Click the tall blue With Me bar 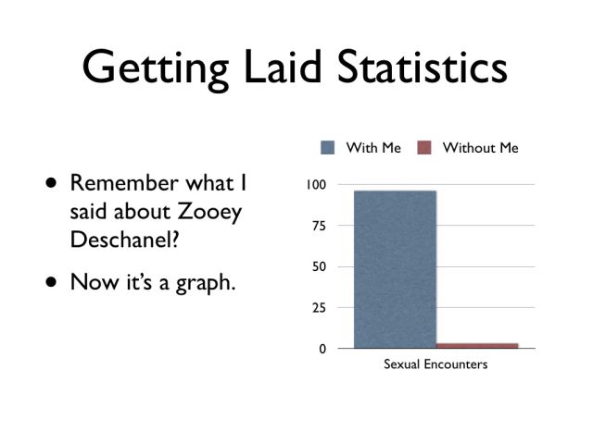click(x=395, y=268)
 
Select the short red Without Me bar click(x=477, y=345)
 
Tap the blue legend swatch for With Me click(x=328, y=148)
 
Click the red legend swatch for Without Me click(x=425, y=148)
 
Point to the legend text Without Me click(x=480, y=148)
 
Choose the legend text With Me click(x=373, y=148)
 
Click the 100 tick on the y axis click(x=316, y=185)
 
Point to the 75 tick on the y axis click(x=319, y=226)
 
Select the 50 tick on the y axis click(x=319, y=267)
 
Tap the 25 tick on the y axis click(x=319, y=308)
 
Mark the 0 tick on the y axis click(x=322, y=349)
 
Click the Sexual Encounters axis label click(x=435, y=364)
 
